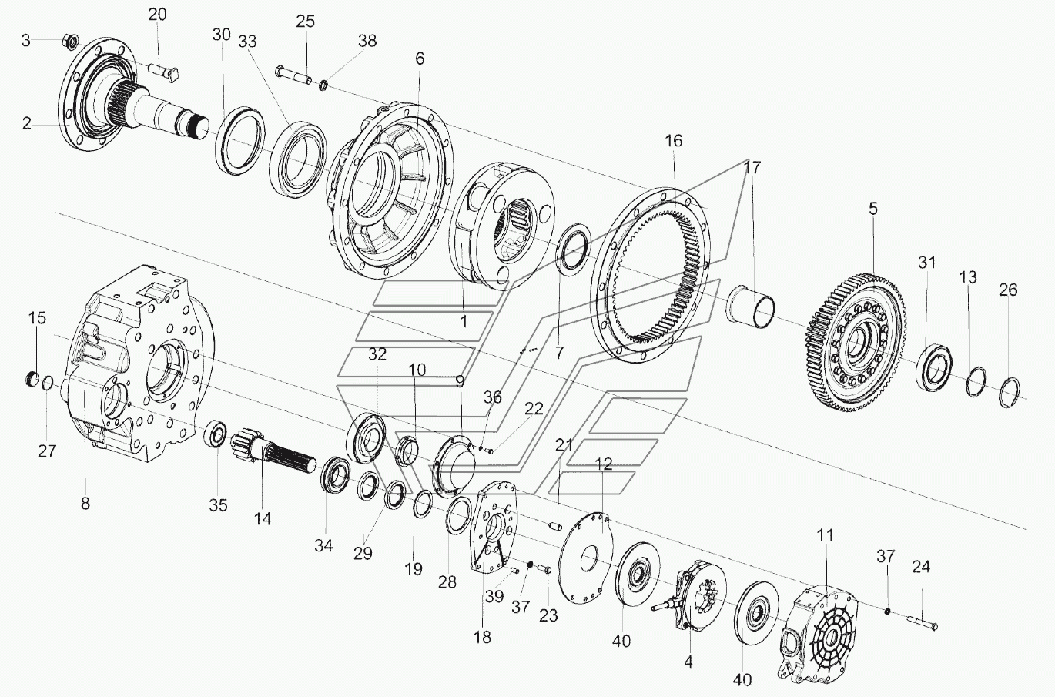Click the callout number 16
[x=674, y=141]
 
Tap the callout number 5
[x=872, y=208]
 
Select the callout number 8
[x=85, y=504]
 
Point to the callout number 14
[x=263, y=518]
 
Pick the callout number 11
[x=825, y=535]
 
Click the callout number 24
[x=921, y=567]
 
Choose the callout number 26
[x=1008, y=290]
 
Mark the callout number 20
[x=156, y=15]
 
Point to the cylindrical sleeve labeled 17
[x=749, y=305]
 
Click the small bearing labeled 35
[x=216, y=436]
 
